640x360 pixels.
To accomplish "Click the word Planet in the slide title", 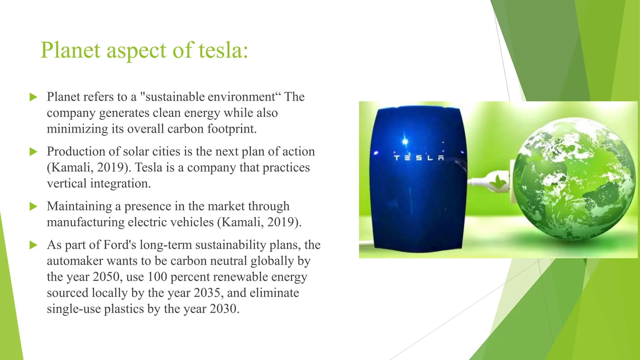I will point(71,50).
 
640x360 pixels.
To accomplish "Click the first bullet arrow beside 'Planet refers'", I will point(33,97).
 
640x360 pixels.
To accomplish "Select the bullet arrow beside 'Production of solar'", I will point(33,152).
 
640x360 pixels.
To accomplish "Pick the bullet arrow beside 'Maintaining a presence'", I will point(33,207).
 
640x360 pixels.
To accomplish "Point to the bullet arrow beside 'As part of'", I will point(33,245).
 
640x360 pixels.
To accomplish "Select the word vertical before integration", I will point(67,183).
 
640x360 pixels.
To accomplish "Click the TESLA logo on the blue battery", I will point(419,158).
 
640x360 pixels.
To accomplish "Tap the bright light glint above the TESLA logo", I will point(405,141).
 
